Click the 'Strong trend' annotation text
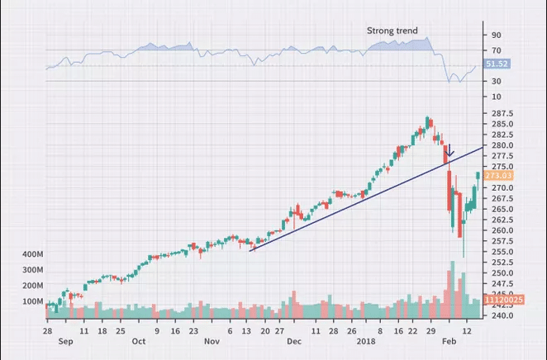(x=392, y=31)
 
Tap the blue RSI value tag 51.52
(x=497, y=64)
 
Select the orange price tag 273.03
(x=497, y=176)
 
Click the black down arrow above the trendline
(x=449, y=153)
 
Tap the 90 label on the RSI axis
(x=496, y=36)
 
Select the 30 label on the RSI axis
(x=496, y=81)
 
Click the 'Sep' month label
(x=65, y=341)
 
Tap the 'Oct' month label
(x=139, y=341)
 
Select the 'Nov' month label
(x=212, y=341)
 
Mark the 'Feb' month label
(x=451, y=341)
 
